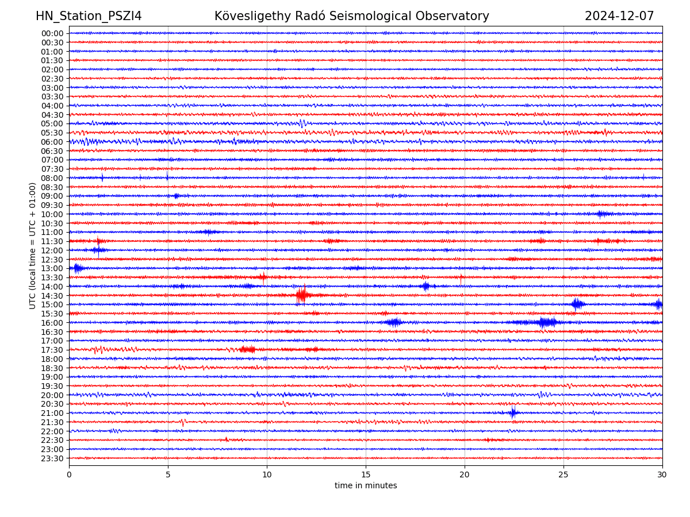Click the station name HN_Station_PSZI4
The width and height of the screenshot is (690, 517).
[x=89, y=17]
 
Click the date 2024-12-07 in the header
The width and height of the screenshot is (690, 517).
[x=619, y=17]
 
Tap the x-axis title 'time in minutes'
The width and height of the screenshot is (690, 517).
[x=366, y=486]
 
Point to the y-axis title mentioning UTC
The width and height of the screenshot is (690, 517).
[x=33, y=246]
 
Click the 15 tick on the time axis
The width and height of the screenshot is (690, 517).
[x=366, y=475]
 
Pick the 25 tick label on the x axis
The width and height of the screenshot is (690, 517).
[x=563, y=475]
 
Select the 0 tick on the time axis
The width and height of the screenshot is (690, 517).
[x=69, y=475]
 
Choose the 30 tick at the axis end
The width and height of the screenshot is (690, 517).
[x=662, y=475]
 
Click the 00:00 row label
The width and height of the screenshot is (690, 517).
[x=52, y=33]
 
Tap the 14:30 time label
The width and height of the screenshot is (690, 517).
[x=52, y=296]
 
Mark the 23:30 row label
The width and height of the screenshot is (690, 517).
[x=52, y=458]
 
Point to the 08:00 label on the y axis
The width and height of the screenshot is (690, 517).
[x=52, y=178]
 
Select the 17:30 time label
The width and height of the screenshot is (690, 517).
[x=52, y=350]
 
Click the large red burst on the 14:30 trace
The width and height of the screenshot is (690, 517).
[x=301, y=295]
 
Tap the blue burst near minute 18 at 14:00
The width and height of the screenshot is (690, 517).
[x=425, y=286]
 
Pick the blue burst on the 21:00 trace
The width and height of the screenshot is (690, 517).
[x=513, y=412]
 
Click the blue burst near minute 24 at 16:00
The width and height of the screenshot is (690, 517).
[x=546, y=322]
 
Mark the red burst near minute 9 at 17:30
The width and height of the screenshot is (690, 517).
[x=247, y=349]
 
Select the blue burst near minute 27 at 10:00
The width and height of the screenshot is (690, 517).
[x=602, y=214]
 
